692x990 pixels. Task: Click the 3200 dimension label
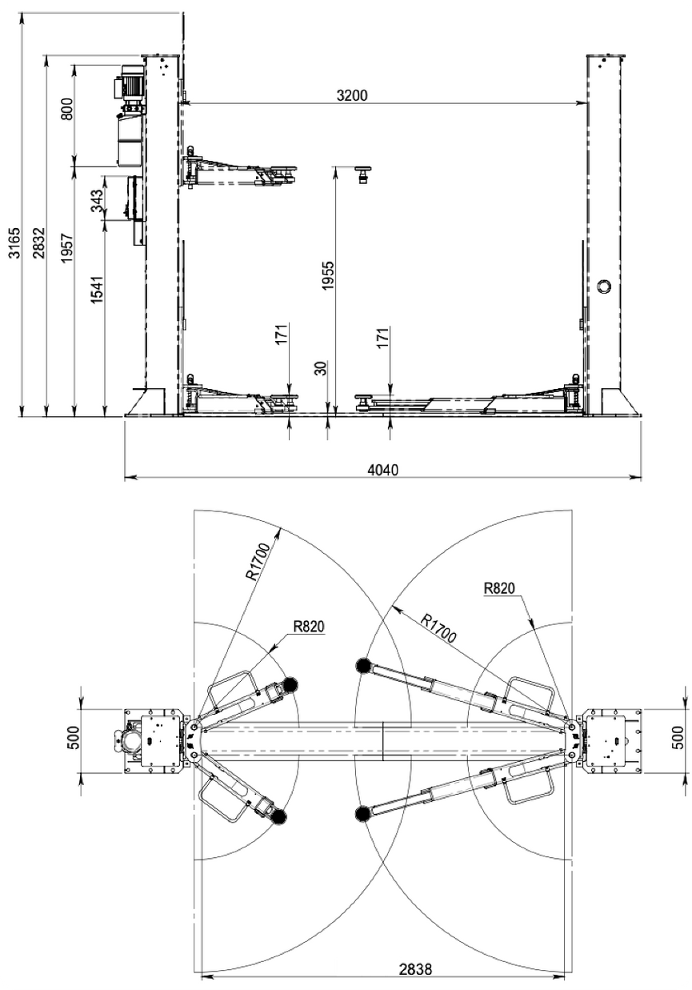352,95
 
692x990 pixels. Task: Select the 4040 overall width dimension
382,469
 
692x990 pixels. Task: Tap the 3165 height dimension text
14,242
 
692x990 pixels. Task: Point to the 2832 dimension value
40,242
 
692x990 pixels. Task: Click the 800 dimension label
67,109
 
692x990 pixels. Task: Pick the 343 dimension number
98,200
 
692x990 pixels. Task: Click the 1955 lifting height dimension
328,276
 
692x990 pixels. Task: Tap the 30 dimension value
321,369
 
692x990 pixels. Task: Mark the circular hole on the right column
602,286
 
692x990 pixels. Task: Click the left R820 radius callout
309,627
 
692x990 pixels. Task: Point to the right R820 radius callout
499,587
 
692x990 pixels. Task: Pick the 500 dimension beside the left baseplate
73,738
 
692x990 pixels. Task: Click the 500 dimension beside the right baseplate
678,738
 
